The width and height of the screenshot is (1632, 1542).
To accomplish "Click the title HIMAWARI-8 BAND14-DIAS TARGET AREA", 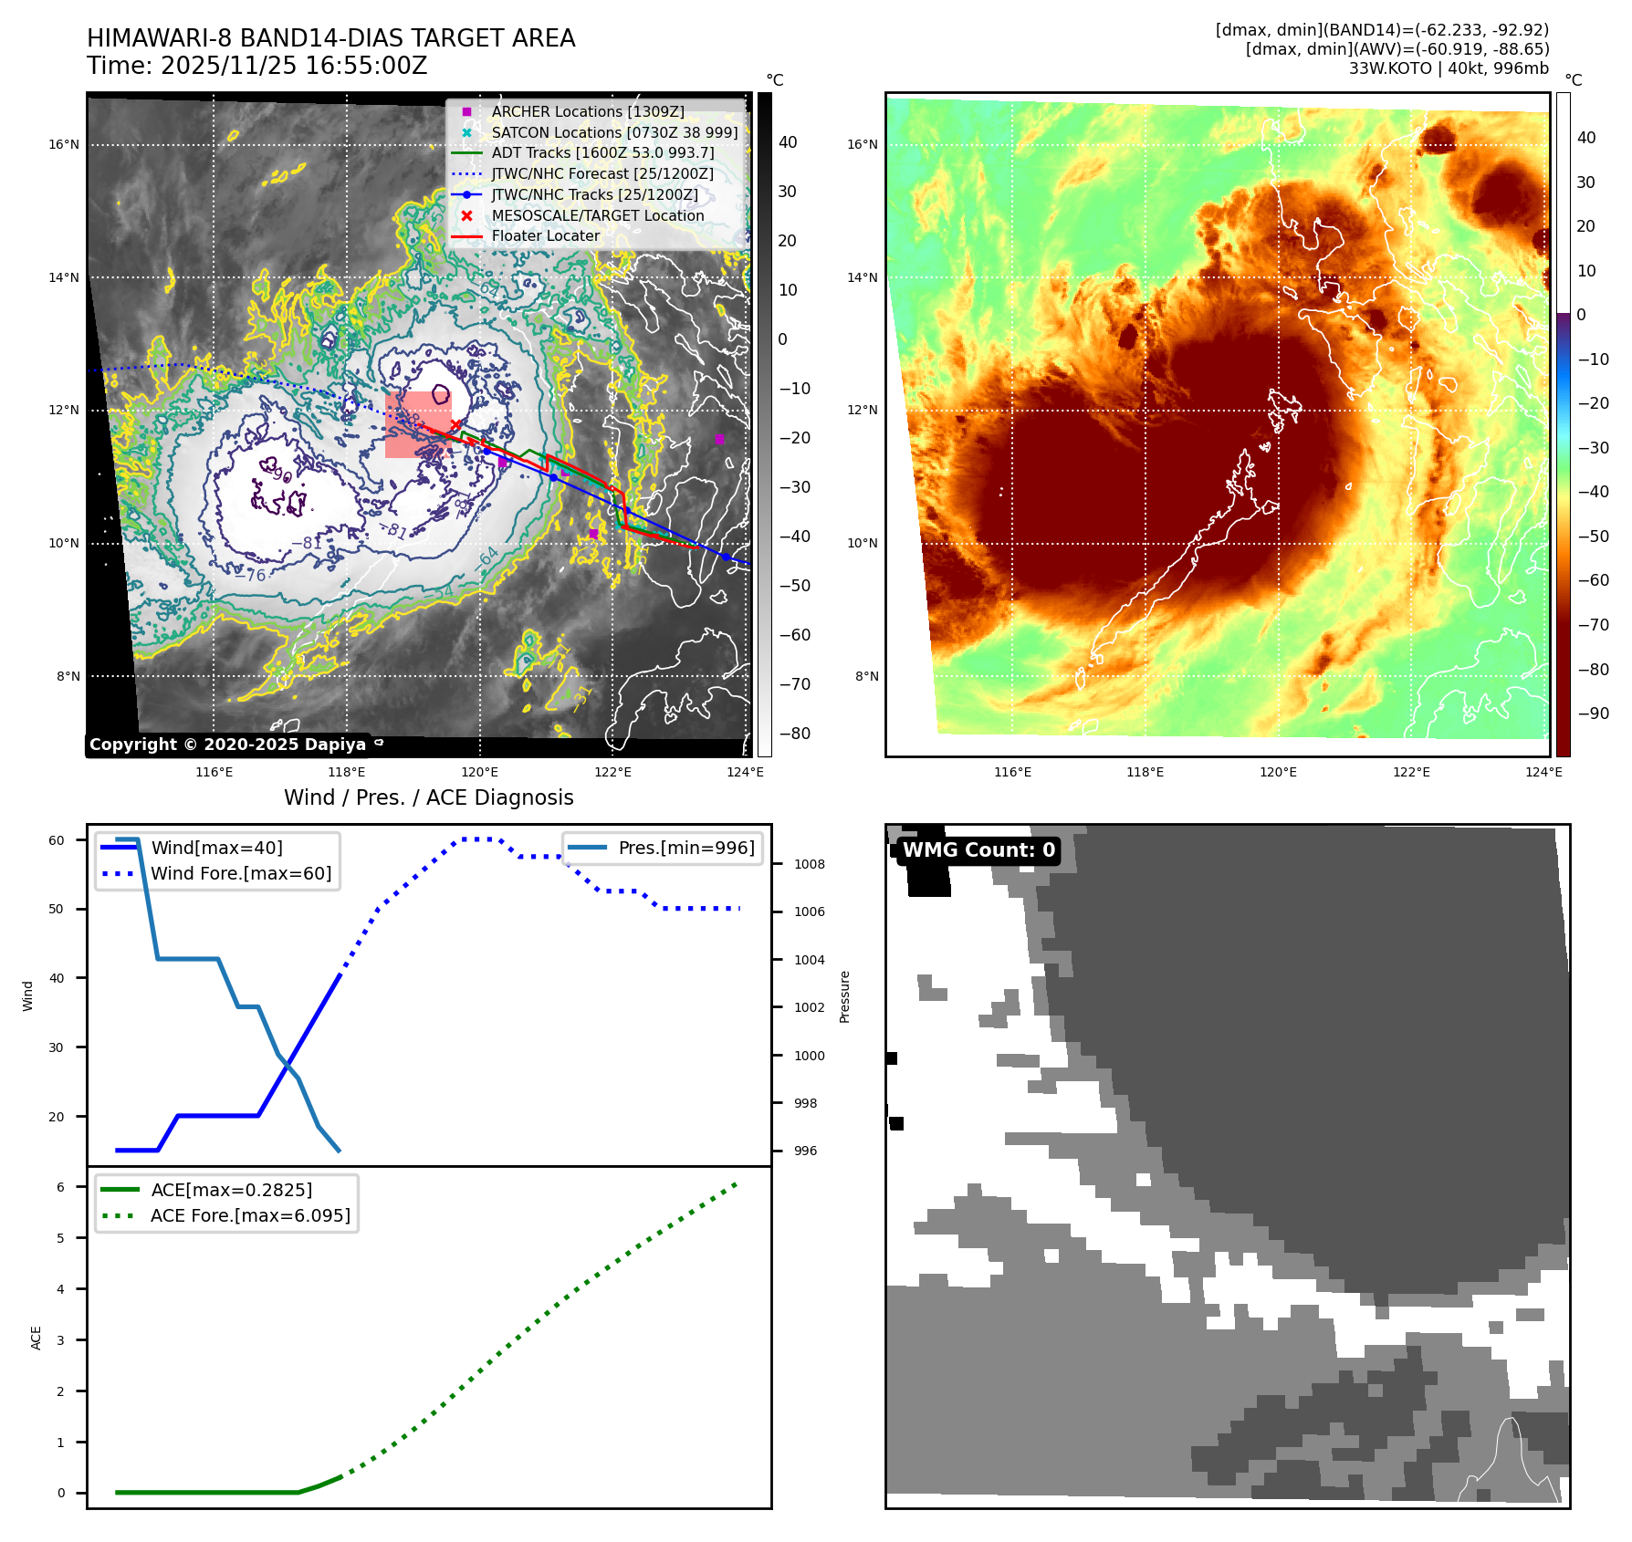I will tap(330, 38).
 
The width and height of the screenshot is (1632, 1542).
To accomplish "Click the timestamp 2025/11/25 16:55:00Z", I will tap(293, 66).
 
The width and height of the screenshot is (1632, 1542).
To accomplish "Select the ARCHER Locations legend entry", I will tap(587, 111).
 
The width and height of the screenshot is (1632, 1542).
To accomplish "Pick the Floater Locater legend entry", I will tap(545, 235).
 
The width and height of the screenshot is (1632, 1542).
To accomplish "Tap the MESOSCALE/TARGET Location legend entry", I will tap(597, 215).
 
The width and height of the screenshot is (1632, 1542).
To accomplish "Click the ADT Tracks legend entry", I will tap(602, 152).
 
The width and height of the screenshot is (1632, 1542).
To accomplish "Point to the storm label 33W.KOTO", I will tap(1390, 68).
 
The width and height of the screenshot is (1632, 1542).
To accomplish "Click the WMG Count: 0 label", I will tap(978, 850).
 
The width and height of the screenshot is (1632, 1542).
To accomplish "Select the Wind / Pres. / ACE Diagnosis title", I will tap(428, 797).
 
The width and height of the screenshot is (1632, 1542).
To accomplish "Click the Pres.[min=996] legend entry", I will tap(685, 848).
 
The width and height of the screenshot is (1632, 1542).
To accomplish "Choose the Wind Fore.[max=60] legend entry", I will tap(240, 873).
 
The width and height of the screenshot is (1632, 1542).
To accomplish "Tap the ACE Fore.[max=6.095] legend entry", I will tap(249, 1215).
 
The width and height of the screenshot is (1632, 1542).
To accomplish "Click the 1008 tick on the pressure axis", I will tap(809, 864).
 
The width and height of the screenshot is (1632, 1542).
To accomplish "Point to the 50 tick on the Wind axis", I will tap(57, 909).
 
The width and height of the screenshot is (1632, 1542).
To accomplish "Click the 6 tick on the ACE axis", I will tap(60, 1187).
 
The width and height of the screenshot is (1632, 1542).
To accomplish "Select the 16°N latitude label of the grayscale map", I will tap(64, 144).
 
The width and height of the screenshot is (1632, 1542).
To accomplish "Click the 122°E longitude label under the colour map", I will tap(1411, 772).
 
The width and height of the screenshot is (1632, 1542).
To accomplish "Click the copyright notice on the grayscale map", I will tap(227, 745).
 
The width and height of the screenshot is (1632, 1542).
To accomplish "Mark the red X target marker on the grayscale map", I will tap(455, 425).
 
